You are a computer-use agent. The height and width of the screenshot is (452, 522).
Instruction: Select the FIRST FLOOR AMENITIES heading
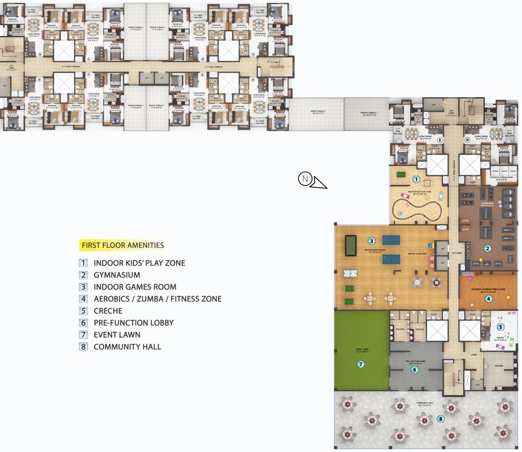click(122, 245)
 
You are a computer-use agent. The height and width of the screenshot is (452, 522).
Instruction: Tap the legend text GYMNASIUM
click(117, 275)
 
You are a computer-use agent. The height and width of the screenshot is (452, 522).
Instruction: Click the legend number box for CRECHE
click(84, 311)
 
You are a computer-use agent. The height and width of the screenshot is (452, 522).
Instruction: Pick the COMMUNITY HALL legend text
click(127, 347)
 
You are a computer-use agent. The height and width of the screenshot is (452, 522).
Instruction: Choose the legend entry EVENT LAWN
click(117, 335)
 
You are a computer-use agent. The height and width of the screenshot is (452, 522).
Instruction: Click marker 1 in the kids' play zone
click(416, 179)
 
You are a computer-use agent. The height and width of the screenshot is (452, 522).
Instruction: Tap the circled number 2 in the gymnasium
click(487, 248)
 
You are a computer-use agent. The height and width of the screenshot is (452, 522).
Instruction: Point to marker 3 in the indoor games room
click(371, 241)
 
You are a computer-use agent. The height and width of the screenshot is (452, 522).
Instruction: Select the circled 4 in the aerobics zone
click(488, 298)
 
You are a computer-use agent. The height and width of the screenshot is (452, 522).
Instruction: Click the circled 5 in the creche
click(500, 327)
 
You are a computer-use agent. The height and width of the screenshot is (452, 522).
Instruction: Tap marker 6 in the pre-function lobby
click(415, 370)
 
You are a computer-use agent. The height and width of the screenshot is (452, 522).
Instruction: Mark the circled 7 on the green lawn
click(361, 364)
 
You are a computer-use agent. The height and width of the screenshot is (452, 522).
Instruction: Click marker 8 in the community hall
click(441, 419)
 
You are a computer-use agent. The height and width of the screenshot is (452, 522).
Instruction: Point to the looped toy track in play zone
click(419, 208)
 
